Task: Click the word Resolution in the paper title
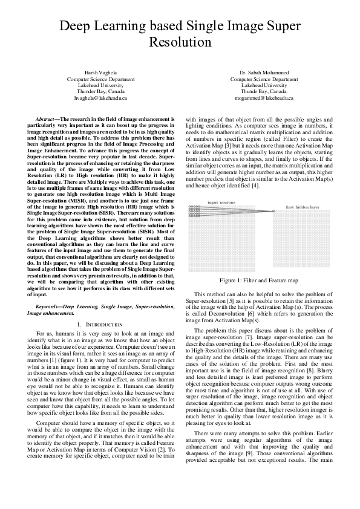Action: [x=180, y=44]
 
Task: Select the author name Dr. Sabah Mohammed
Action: [x=268, y=73]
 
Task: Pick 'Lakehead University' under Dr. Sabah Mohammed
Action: [x=268, y=85]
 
